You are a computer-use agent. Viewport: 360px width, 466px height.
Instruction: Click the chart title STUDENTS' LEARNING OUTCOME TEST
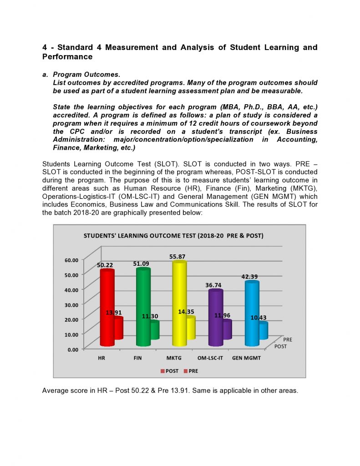[173, 236]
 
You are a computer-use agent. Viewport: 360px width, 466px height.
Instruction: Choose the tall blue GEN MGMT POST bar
[251, 314]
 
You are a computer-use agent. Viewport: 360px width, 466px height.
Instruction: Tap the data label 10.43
[259, 317]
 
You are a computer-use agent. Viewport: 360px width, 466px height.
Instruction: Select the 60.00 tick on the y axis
[72, 260]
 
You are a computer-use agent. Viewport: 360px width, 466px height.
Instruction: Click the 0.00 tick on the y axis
[74, 349]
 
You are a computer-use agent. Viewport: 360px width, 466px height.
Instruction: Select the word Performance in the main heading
[67, 57]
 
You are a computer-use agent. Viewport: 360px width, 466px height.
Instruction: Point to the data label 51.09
[141, 263]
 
